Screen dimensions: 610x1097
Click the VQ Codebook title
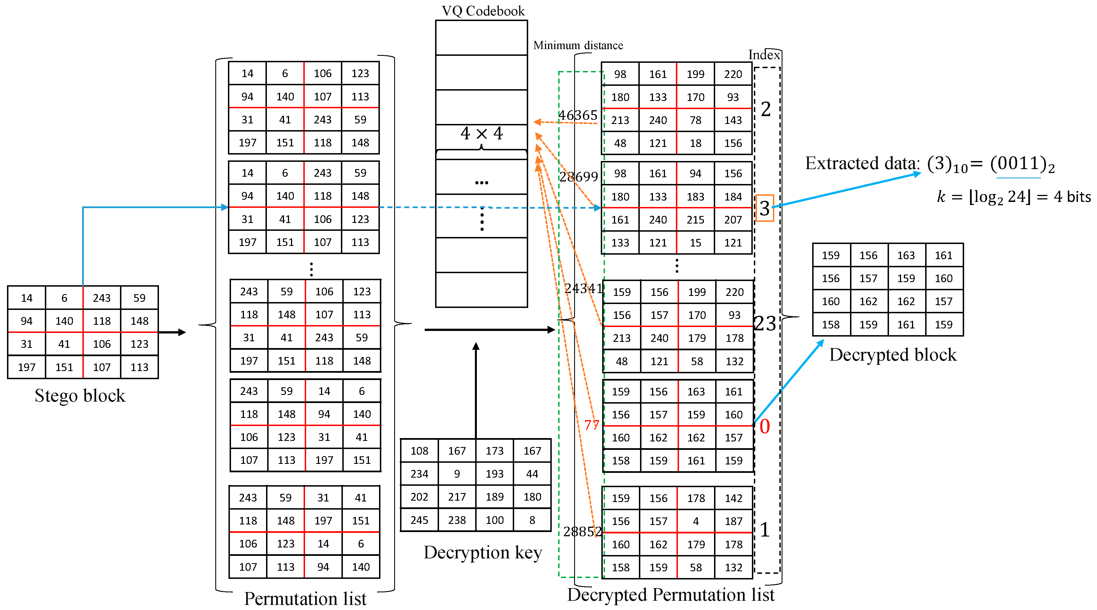[483, 11]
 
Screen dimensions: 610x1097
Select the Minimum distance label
[578, 45]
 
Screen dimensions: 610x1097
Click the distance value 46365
[578, 115]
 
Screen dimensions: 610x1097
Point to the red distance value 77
[592, 425]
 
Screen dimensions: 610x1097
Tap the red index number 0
[765, 426]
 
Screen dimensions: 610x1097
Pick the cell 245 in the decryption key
[419, 520]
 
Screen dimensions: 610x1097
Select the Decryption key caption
[482, 553]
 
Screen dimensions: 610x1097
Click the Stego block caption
[80, 396]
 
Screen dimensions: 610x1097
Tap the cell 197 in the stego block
[26, 367]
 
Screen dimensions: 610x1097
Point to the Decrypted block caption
[893, 355]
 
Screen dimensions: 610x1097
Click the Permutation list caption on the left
[305, 599]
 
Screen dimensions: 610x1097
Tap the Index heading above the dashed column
[764, 55]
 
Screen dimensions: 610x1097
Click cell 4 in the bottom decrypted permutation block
[696, 521]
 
